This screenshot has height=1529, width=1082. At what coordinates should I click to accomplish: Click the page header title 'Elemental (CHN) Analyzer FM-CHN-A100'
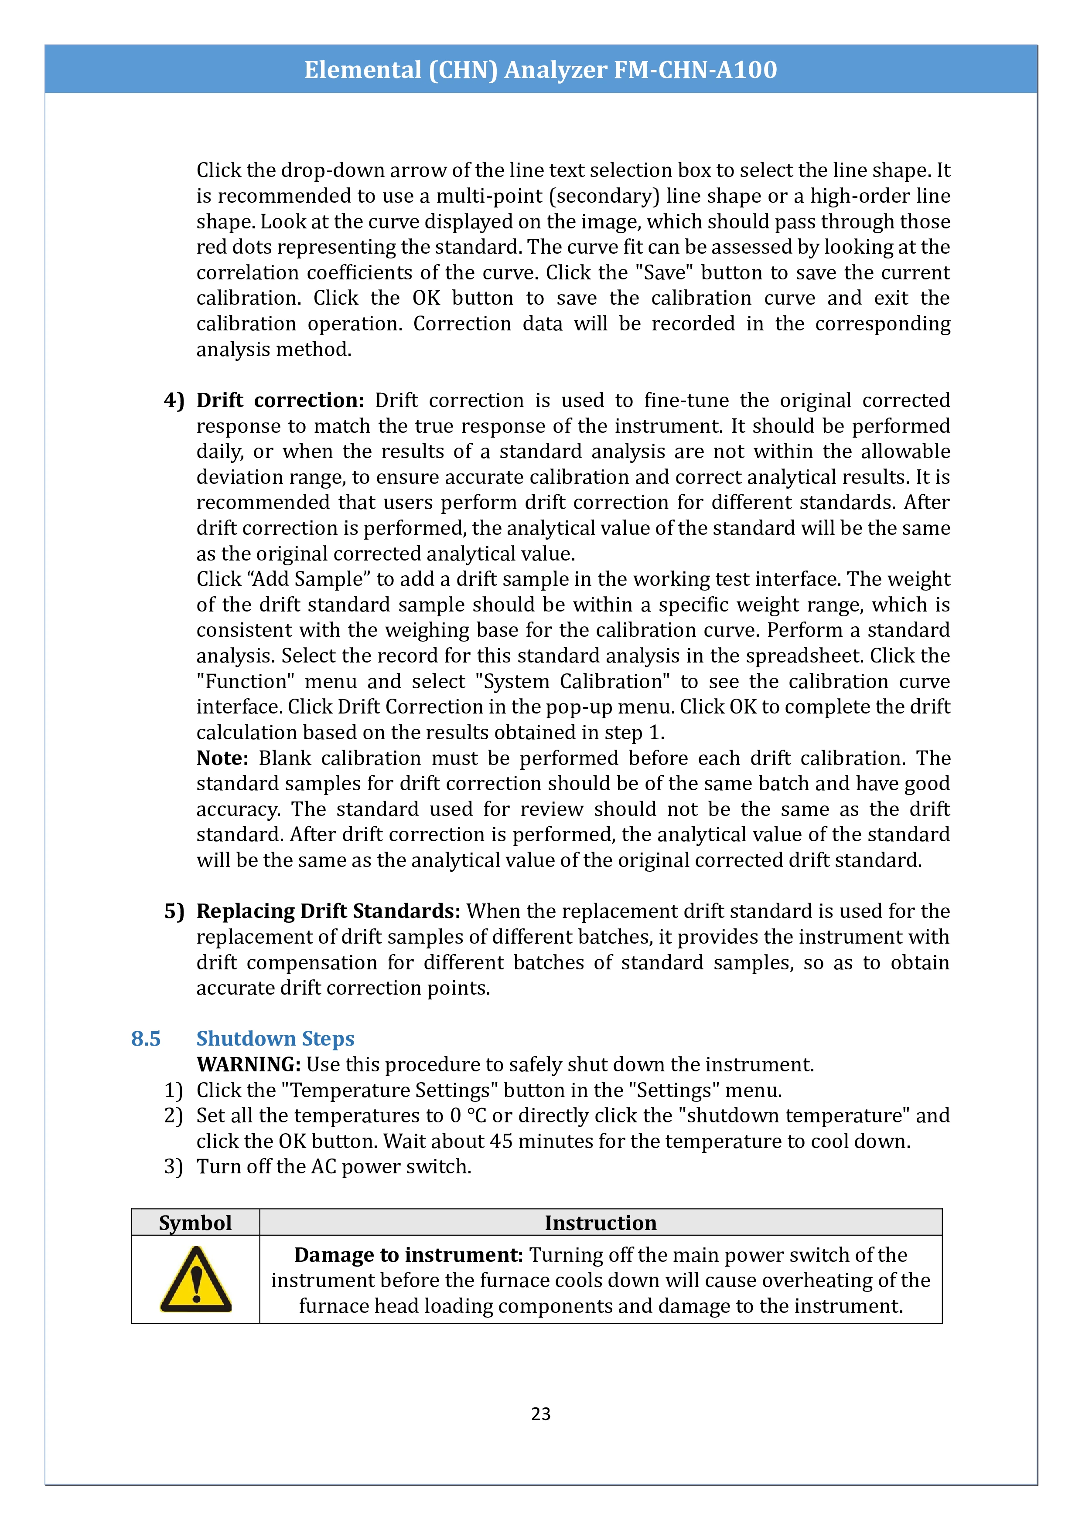click(540, 70)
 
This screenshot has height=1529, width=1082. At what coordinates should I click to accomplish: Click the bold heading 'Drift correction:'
click(280, 400)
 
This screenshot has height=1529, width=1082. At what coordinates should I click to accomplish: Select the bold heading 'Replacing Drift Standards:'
click(328, 911)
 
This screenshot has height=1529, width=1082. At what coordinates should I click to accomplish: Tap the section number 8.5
click(146, 1039)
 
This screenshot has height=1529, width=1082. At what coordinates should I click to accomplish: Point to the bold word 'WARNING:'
click(249, 1065)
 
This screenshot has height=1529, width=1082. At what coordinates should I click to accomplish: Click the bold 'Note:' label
click(222, 758)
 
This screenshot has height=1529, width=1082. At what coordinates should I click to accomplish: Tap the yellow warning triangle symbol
click(195, 1280)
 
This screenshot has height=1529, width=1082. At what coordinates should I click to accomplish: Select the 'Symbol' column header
click(195, 1223)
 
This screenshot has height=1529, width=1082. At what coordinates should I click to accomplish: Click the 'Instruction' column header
click(600, 1223)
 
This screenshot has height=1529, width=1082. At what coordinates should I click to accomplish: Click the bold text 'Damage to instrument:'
click(408, 1255)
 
